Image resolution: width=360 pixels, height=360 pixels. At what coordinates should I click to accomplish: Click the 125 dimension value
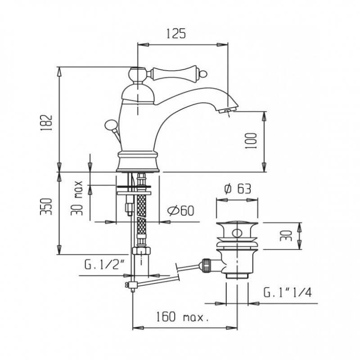175,33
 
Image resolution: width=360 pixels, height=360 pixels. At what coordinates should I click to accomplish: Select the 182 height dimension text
46,122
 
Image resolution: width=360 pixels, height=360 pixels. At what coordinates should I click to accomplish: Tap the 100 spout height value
251,141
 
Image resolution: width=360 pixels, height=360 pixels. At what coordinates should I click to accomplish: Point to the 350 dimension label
46,207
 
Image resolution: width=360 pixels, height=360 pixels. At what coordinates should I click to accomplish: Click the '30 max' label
77,198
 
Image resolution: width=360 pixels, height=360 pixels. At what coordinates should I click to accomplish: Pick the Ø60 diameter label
181,211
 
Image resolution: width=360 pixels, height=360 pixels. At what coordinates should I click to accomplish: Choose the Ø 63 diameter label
238,189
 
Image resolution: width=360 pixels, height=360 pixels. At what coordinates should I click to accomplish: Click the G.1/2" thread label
104,265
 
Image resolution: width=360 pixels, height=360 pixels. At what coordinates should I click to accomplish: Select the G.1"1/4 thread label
288,293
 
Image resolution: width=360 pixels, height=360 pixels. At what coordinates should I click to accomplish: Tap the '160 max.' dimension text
183,317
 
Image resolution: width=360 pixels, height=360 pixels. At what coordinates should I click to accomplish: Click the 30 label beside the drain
286,235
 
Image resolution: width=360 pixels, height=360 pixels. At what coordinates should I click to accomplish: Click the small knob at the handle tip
204,74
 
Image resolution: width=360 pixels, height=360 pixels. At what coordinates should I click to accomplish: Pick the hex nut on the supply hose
141,250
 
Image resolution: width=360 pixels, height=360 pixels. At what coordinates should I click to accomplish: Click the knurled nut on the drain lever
206,265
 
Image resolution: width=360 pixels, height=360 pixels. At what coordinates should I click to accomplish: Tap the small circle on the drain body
237,233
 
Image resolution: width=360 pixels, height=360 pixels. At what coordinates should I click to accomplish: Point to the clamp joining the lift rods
133,285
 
